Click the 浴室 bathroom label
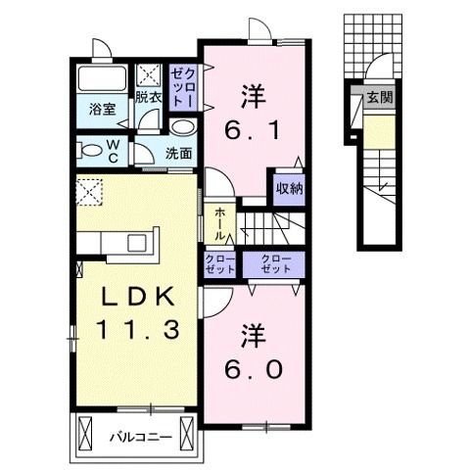coord(103,110)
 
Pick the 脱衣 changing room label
coord(148,97)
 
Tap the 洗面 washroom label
coord(177,153)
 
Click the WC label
coord(114,152)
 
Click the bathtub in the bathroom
coord(103,80)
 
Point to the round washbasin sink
coord(182,127)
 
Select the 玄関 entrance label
coord(380,98)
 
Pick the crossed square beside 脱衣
coord(150,73)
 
